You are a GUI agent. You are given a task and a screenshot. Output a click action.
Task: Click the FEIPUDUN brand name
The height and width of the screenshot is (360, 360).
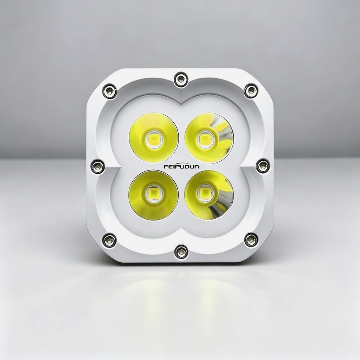(x=181, y=167)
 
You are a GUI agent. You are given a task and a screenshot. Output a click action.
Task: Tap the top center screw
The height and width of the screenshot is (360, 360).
(x=181, y=79)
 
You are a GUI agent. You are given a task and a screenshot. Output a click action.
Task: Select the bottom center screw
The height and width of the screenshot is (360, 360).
(x=181, y=252)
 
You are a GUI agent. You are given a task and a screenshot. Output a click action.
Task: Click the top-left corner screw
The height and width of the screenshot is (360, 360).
(x=110, y=91)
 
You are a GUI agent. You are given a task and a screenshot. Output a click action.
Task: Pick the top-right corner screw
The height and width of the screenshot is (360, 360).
(x=251, y=91)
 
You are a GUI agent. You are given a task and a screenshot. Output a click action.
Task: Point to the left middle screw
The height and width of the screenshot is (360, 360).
(x=98, y=166)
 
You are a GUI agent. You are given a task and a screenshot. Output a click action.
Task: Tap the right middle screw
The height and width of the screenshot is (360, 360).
(x=263, y=166)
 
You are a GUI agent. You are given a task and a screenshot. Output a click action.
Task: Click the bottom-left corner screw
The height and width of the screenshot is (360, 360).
(x=109, y=240)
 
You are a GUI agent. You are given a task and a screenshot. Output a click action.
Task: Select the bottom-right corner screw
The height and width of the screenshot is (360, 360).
(x=251, y=239)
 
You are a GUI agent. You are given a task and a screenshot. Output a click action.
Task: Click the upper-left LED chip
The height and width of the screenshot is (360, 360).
(x=154, y=139)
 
